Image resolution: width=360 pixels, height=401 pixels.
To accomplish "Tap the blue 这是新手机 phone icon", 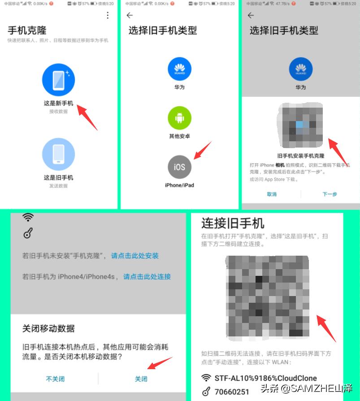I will pos(58,80).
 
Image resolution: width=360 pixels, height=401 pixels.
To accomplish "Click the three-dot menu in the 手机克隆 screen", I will pos(108,16).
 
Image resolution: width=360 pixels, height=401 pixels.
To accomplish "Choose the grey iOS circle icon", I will pos(179,167).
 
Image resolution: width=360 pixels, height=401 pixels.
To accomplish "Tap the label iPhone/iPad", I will pos(179,185).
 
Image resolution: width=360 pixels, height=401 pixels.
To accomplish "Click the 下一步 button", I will pos(330,194).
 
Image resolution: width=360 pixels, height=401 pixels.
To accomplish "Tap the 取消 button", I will pos(272,194).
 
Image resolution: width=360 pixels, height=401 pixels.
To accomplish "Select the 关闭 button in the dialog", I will pos(141,379).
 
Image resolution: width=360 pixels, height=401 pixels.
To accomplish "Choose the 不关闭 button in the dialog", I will pos(55,379).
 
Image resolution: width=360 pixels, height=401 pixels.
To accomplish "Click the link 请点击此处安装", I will pos(135,256).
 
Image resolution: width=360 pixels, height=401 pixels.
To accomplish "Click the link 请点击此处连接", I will pos(147,277).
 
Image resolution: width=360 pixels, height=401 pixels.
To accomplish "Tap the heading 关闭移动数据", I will pos(48,328).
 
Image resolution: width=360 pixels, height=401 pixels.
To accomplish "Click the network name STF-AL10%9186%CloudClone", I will pos(265,378).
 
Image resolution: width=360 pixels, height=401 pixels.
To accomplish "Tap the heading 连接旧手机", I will pos(233,223).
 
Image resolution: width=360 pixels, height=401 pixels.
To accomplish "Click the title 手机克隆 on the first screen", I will pos(27,31).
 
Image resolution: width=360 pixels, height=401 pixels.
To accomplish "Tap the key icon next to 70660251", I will pos(206,392).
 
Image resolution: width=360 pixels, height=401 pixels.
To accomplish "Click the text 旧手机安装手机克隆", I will pos(300,156).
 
